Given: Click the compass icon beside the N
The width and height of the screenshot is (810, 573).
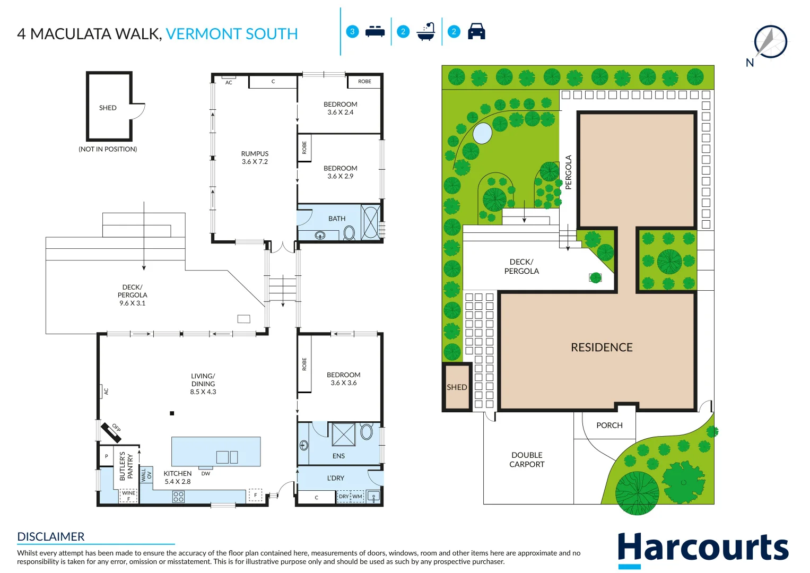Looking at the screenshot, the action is click(x=771, y=41).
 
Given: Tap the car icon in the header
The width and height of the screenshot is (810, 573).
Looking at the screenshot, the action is click(x=476, y=31).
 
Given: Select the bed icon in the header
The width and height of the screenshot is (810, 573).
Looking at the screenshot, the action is click(x=375, y=31).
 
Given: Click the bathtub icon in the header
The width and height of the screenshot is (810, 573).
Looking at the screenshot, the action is click(x=425, y=31).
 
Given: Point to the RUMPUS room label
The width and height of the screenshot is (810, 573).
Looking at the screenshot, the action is click(x=255, y=154).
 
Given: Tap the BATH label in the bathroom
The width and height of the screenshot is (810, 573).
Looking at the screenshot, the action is click(x=337, y=219).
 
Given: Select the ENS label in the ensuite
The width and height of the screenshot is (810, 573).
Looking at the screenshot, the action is click(x=338, y=456).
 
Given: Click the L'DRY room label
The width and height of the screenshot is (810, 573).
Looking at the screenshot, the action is click(x=336, y=478).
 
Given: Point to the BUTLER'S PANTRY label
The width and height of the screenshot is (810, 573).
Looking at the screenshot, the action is click(x=126, y=466).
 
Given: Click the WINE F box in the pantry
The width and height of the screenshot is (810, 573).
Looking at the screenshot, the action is click(x=128, y=496).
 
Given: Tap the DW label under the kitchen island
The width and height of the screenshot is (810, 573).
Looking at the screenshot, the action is click(x=206, y=473).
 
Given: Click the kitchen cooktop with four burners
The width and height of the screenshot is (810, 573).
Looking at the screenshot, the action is click(x=179, y=496).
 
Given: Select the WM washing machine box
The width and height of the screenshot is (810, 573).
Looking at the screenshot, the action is click(x=358, y=496).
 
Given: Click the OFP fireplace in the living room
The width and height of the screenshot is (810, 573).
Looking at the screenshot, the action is click(x=111, y=432).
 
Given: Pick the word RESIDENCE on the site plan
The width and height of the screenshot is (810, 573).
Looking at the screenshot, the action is click(x=602, y=348).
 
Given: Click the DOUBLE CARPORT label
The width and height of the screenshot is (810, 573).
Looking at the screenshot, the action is click(x=527, y=459).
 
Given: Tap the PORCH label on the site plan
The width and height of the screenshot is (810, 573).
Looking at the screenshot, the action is click(x=609, y=425).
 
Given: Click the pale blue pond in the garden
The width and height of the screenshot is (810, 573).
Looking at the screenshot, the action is click(x=482, y=133).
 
